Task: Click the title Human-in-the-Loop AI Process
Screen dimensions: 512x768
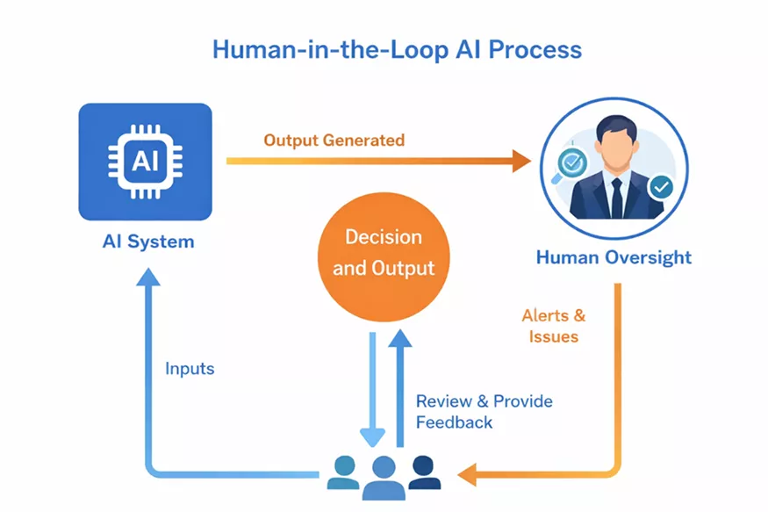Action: [397, 49]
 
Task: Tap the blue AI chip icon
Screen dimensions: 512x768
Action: [145, 162]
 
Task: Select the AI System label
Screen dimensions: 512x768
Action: [147, 242]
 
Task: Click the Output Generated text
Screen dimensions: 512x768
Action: [334, 141]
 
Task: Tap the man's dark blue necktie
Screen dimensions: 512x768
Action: [616, 197]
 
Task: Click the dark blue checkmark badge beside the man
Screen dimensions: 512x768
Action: [660, 186]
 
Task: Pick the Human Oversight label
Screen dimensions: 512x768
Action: [614, 257]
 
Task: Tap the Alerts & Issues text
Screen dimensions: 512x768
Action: [553, 325]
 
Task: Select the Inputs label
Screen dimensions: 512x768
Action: [190, 368]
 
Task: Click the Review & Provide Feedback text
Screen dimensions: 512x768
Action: [484, 411]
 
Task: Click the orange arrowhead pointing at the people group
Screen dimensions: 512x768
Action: [466, 475]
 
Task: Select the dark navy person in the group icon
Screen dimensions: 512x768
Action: [424, 472]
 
